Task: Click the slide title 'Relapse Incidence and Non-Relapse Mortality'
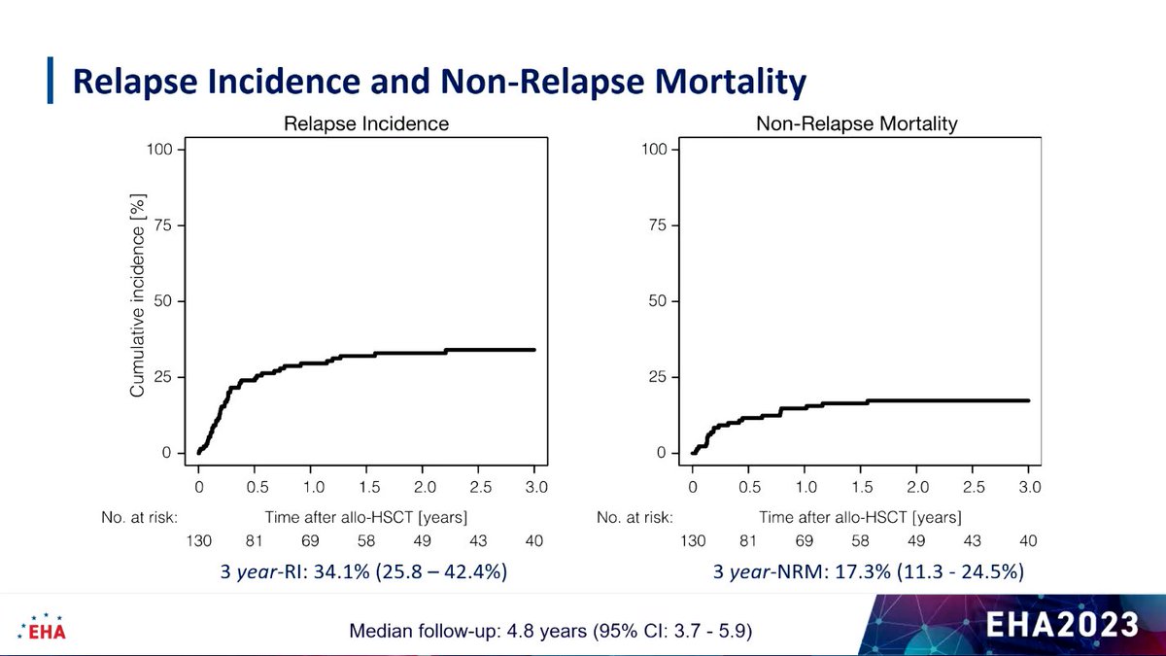(439, 82)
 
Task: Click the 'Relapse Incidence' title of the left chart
(366, 124)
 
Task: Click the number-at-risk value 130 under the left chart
(198, 540)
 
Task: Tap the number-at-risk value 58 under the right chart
(861, 540)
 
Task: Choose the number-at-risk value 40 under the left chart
(534, 540)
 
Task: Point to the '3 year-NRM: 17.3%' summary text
(868, 572)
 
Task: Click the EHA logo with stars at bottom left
(43, 627)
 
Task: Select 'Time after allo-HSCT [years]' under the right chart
(860, 517)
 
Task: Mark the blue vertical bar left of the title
(51, 81)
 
